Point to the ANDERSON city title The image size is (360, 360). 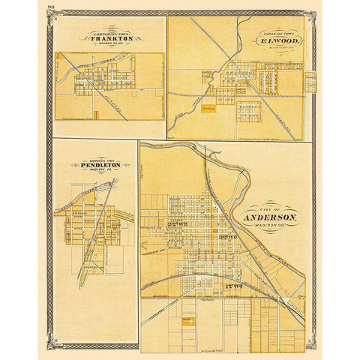(x=269, y=218)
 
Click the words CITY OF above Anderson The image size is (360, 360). (x=268, y=209)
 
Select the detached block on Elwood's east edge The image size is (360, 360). (x=310, y=82)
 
